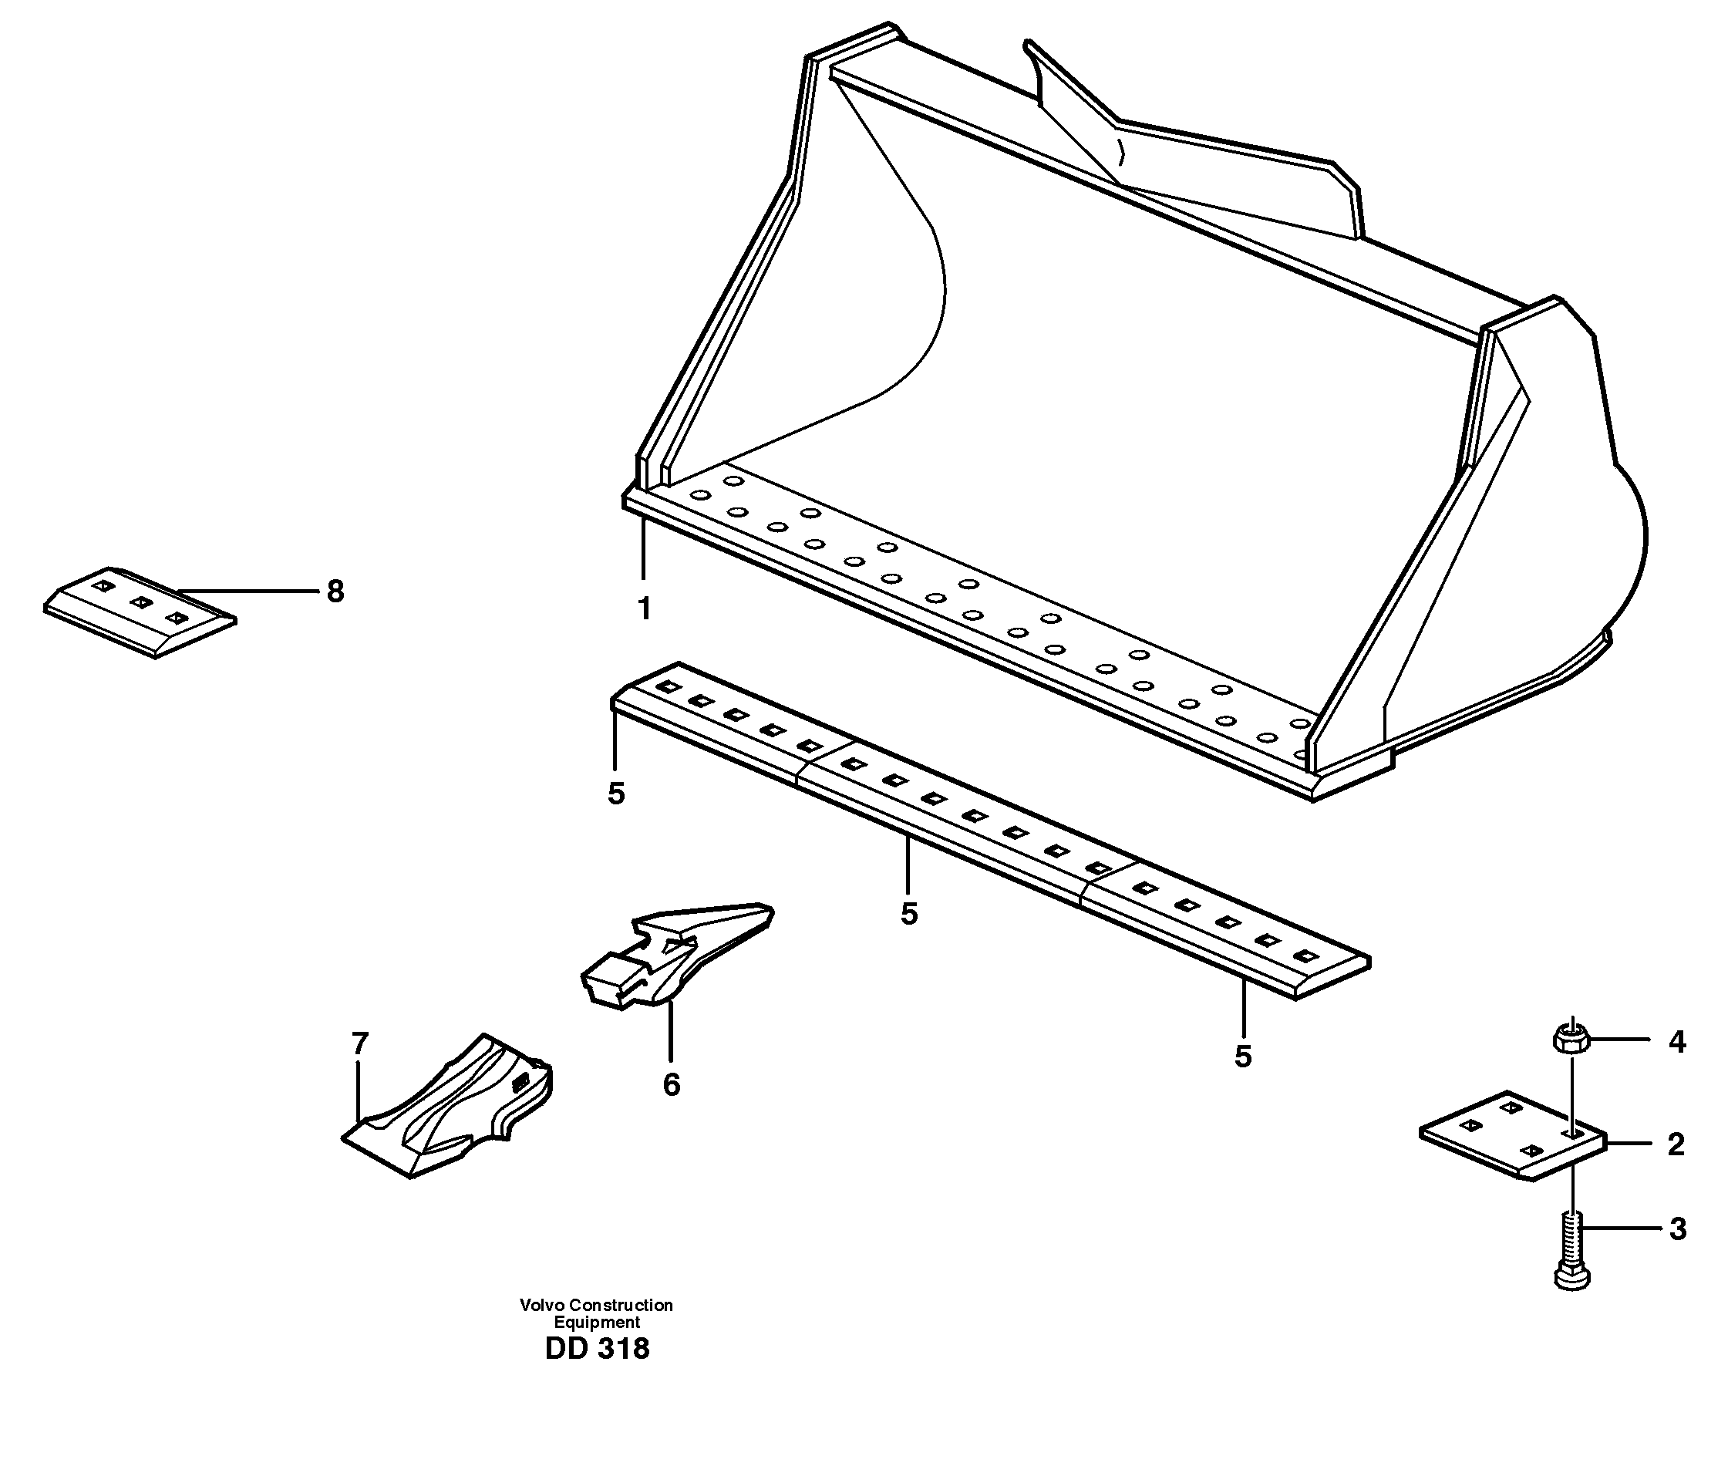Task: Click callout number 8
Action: [335, 592]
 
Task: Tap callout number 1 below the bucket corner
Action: [644, 609]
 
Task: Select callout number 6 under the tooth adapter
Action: [672, 1084]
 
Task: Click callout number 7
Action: [359, 1043]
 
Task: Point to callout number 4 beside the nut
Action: [1677, 1042]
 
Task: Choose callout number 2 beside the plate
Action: [1676, 1144]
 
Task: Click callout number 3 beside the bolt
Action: [1678, 1229]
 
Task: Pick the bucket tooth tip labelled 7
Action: [450, 1109]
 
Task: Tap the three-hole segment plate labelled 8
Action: [140, 614]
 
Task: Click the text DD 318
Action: [596, 1349]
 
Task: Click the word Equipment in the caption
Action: [596, 1323]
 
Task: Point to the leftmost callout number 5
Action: [615, 795]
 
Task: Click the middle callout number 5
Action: [909, 914]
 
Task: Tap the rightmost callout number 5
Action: [1243, 1057]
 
